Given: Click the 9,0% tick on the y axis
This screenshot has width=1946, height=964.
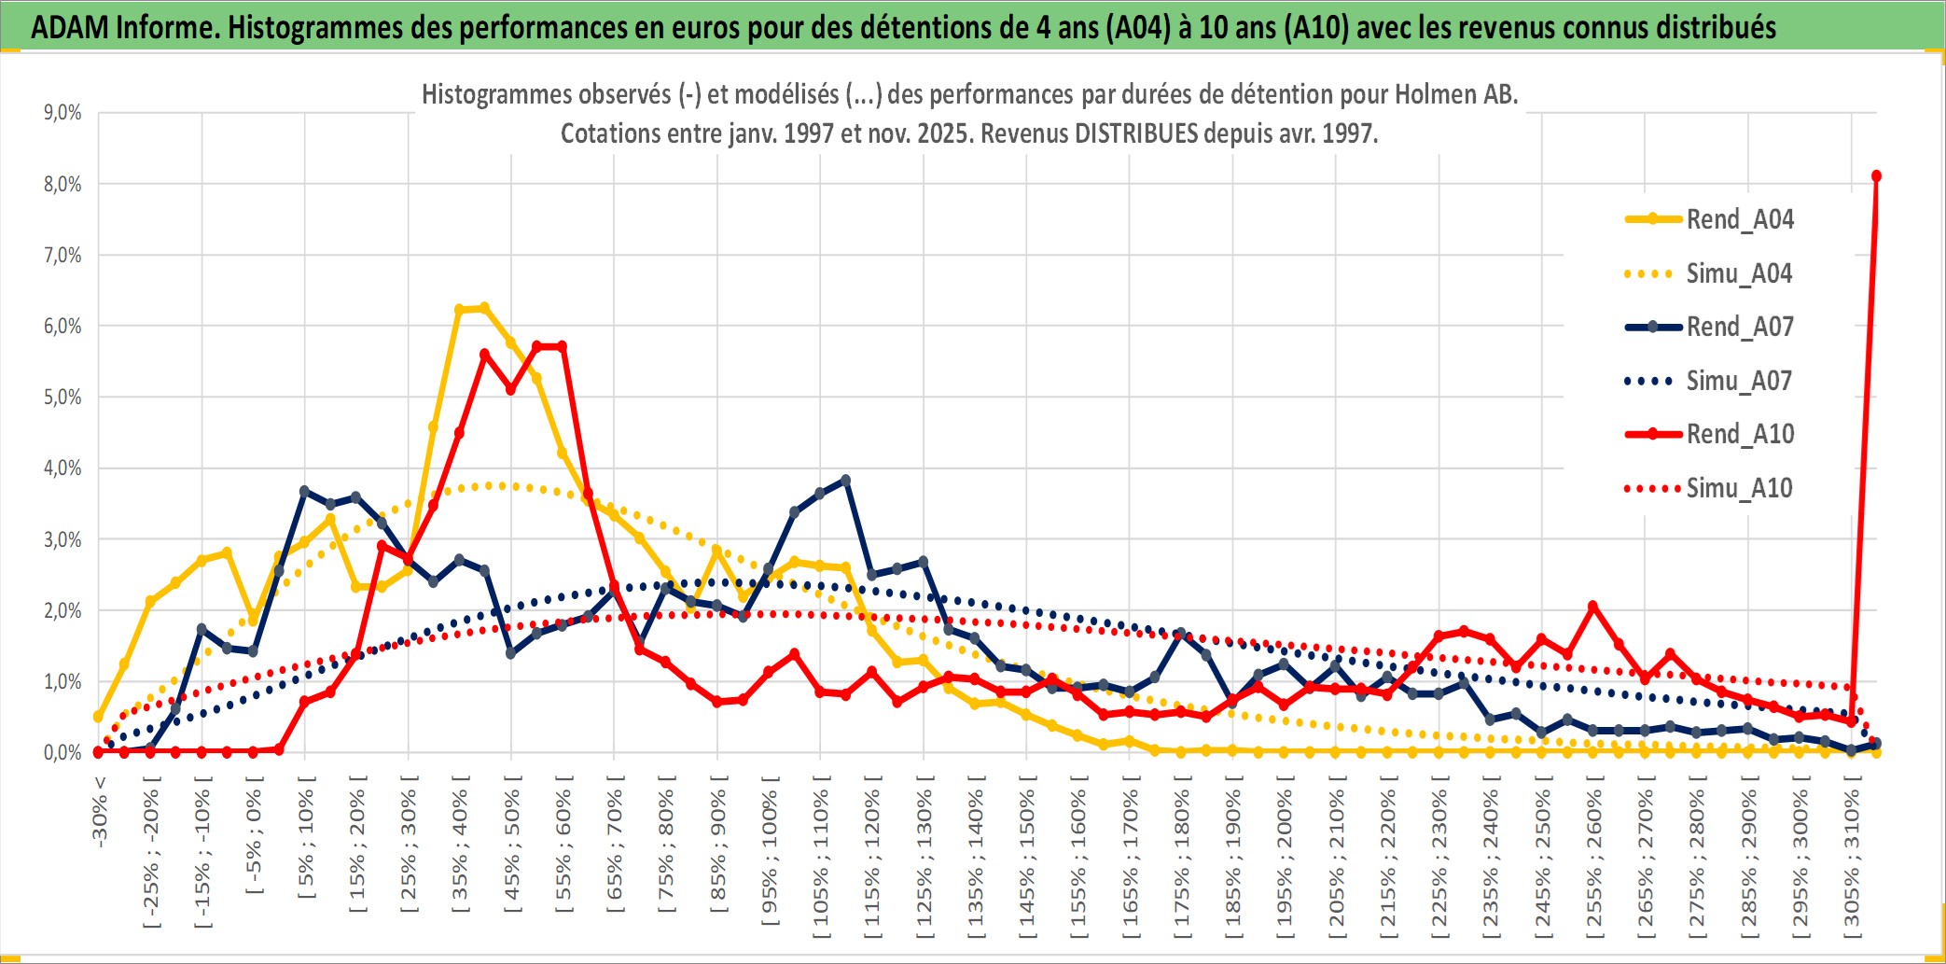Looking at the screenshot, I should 63,113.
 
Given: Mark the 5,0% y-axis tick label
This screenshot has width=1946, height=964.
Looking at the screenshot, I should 63,398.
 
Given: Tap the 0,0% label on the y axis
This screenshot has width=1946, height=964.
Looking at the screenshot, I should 63,753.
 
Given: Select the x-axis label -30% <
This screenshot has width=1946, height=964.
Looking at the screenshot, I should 100,812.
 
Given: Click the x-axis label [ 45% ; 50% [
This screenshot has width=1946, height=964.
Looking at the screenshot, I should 512,849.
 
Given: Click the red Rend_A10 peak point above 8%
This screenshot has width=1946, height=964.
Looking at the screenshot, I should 1876,176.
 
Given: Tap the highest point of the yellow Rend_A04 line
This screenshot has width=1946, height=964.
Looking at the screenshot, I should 484,308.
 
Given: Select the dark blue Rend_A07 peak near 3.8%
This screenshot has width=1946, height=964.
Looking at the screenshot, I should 845,480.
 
